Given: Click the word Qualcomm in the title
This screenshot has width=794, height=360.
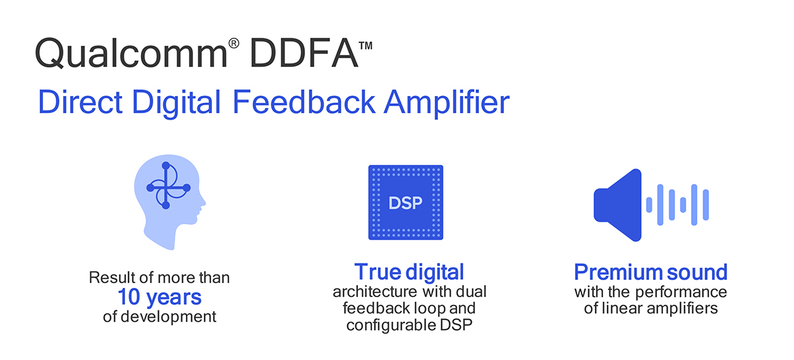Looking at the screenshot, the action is coord(131,53).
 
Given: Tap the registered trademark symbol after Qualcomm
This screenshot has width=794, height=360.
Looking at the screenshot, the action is coord(234,43).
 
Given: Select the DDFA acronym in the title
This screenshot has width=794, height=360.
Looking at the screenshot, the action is coord(304,53).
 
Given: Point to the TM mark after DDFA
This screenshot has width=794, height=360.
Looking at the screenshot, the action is coord(365,46).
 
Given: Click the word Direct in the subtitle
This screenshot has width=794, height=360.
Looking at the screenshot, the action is coord(81,102).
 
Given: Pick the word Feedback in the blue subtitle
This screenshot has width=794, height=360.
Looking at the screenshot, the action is coord(304,101).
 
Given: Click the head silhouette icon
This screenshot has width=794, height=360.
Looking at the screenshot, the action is coord(169,202).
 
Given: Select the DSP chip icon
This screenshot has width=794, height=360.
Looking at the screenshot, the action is coord(406,202).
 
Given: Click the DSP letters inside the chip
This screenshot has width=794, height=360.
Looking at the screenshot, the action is coord(406,203).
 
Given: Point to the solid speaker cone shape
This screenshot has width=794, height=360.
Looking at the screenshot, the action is coord(617,205).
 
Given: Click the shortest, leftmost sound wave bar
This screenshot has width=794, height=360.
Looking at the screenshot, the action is coord(649,205).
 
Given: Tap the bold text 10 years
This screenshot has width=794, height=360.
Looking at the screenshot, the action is coord(159,297).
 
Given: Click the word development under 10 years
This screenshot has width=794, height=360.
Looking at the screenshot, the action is coord(168,316).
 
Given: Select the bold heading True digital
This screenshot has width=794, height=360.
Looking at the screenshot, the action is coord(409,272).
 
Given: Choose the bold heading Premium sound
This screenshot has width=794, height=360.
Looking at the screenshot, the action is coord(651,272).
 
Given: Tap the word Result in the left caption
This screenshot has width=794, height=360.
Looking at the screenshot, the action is coord(107,277).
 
